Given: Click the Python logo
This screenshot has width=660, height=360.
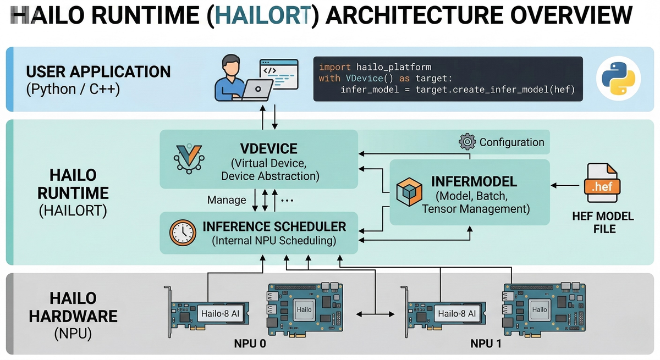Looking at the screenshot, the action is coord(618,78).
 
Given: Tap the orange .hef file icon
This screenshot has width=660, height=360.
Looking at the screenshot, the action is coord(602,183).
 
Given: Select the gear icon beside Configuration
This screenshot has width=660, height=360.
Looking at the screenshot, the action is coord(468,142).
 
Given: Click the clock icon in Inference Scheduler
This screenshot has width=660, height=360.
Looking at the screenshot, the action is coord(183,232).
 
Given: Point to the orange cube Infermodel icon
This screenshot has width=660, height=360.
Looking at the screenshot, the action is coord(409,192).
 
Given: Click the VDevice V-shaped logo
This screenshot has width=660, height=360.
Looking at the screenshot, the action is coord(189,158).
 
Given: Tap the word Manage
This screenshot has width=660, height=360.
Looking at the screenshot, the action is coord(227,200).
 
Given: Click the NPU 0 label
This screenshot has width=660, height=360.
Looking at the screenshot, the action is coord(250,344).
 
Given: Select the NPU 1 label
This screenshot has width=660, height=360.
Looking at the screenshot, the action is coord(486,344).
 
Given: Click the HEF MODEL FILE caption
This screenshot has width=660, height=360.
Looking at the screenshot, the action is coord(603,223).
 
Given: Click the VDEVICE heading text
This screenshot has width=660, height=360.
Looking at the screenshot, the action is coord(269,148).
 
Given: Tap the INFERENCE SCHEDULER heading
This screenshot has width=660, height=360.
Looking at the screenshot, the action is coord(274,226).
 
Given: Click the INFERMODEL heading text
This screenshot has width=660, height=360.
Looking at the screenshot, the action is coord(474,181).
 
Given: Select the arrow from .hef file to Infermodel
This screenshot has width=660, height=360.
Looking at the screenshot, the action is coord(565,185).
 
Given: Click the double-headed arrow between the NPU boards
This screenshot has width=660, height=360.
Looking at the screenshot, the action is coord(375,314).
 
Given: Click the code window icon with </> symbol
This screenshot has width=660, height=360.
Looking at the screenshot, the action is coord(279,74).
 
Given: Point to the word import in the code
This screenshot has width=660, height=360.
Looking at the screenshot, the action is coord(335,67).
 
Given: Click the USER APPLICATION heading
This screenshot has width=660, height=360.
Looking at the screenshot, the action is coord(98,71).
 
